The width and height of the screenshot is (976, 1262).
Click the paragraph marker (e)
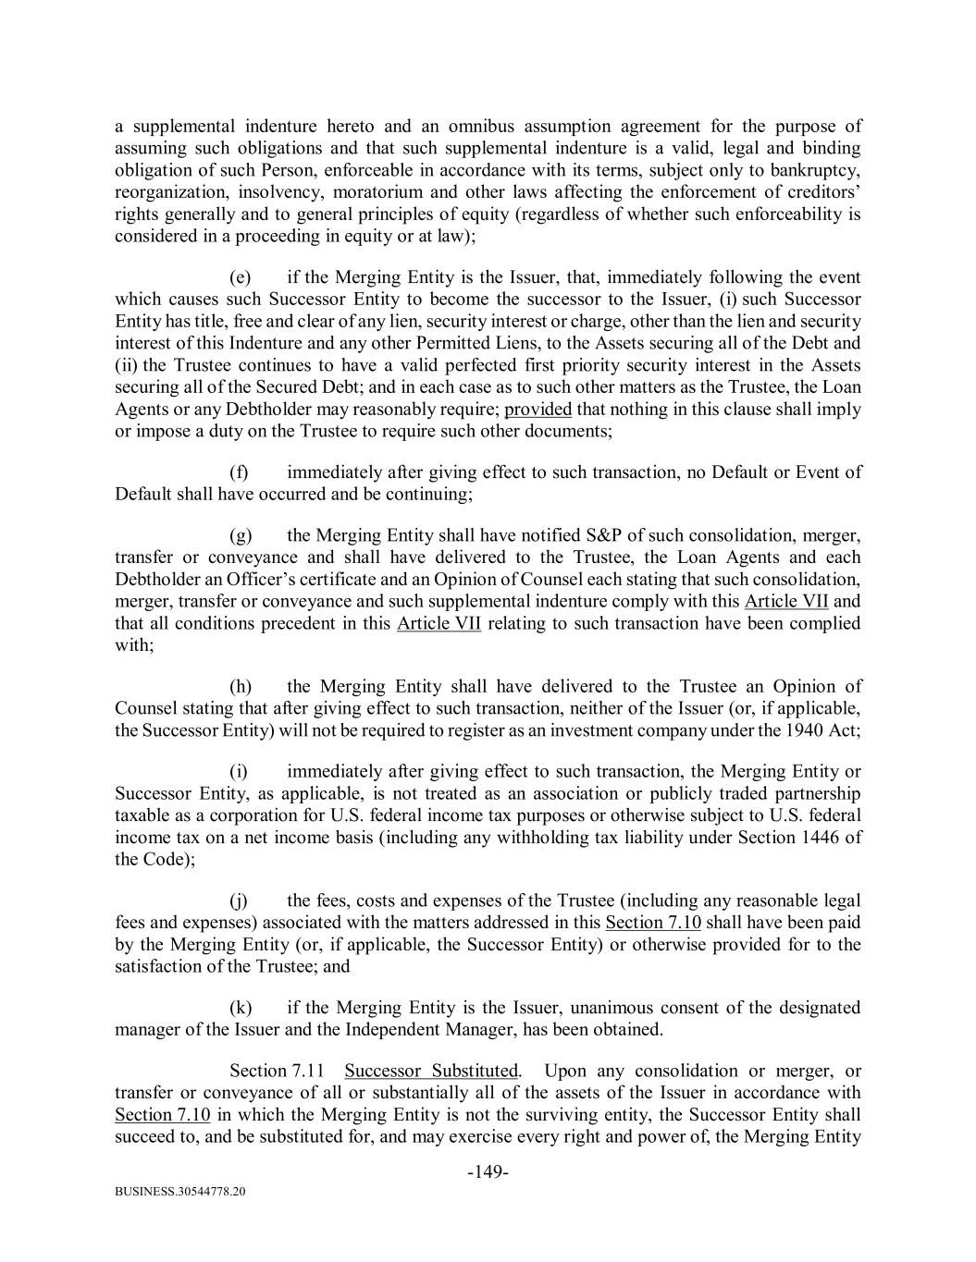[240, 277]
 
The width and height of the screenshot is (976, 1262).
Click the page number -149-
[488, 1172]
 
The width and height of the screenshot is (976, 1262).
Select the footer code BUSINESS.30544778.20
[180, 1193]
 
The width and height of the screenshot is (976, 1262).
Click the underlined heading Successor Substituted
[431, 1071]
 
